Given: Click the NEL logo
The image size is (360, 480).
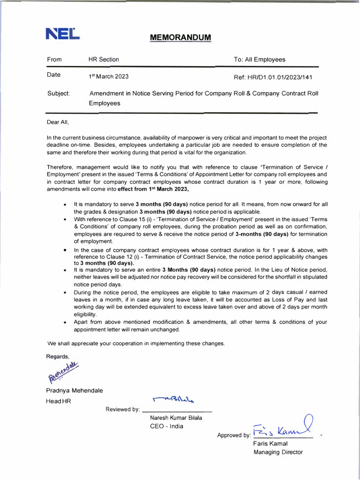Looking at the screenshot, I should [x=62, y=33].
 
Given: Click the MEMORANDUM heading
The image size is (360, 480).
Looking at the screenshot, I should [x=180, y=37].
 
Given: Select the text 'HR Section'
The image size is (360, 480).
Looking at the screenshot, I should [x=104, y=60].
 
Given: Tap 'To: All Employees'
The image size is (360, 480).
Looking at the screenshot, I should [x=259, y=60].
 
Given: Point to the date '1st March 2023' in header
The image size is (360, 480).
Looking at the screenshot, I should [x=108, y=76].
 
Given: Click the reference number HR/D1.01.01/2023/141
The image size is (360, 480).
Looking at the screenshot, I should [x=273, y=77].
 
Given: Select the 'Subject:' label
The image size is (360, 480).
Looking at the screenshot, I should [x=59, y=93].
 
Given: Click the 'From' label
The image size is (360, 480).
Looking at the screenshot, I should [x=54, y=60].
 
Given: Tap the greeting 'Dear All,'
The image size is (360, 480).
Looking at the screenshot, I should [x=58, y=122].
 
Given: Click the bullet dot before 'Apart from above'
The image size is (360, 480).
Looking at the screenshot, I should [x=64, y=322].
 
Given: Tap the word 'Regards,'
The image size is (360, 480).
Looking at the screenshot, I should [x=58, y=356].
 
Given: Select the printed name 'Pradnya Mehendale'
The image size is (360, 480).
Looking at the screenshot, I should [x=75, y=390].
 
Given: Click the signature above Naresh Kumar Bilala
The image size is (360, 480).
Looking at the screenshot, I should [x=173, y=399].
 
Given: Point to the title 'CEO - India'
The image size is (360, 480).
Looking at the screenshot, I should [x=166, y=426].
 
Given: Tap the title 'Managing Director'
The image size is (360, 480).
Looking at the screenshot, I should [x=278, y=452].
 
